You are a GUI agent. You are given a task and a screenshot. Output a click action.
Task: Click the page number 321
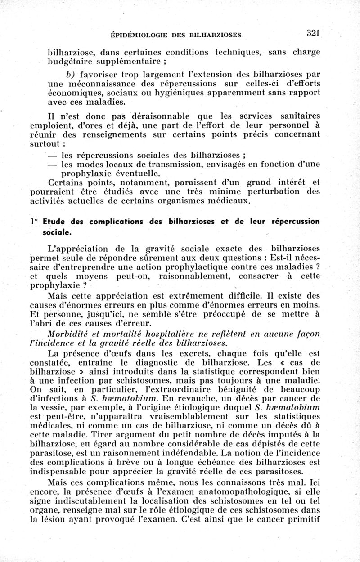pos(313,33)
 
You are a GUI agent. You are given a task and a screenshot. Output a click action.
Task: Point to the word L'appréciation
pos(76,247)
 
